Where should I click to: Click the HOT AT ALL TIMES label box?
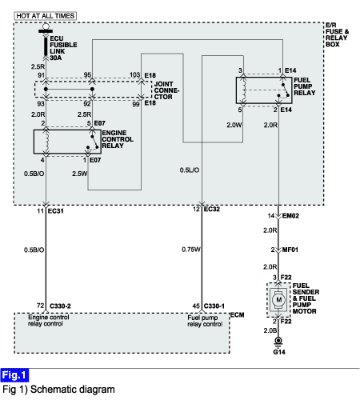[45, 16]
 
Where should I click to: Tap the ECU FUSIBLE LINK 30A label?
[63, 48]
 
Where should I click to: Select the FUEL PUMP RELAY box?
[264, 90]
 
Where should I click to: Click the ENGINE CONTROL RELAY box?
[67, 142]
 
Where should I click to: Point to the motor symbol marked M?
[279, 300]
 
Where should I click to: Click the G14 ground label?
[279, 352]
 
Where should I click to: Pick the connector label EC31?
[55, 211]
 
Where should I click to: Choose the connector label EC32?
[212, 209]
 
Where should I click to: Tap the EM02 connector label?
[290, 215]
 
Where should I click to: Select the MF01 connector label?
[290, 250]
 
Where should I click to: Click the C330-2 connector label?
[60, 306]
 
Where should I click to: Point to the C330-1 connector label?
[214, 306]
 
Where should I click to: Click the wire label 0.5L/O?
[190, 170]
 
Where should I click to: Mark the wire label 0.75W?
[191, 250]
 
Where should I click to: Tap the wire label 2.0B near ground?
[270, 330]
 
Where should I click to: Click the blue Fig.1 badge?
[14, 375]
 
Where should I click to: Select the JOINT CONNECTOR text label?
[166, 90]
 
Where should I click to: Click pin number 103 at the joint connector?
[134, 75]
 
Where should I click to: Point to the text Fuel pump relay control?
[205, 321]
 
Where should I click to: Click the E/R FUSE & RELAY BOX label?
[337, 34]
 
